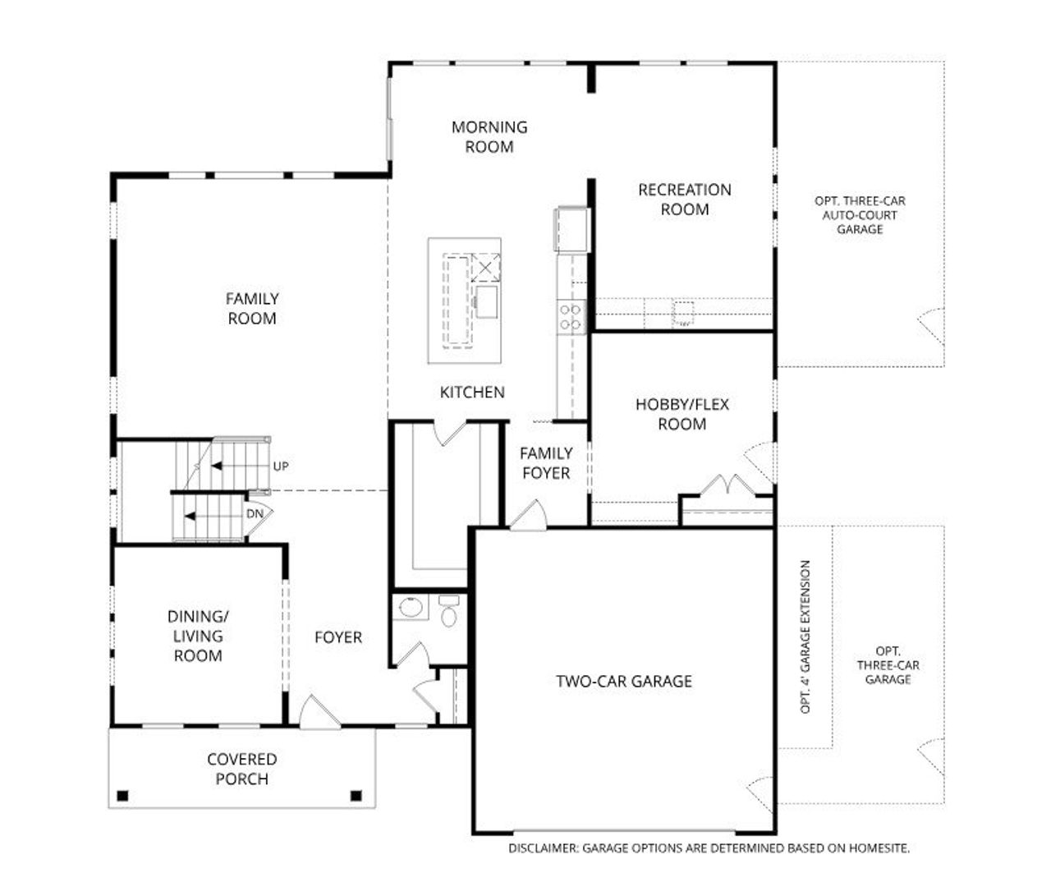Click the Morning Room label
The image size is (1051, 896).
click(489, 137)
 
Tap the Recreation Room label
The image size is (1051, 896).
click(684, 200)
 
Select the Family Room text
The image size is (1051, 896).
click(252, 309)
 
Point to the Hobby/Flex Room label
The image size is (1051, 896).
click(682, 414)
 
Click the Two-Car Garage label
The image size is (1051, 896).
click(624, 681)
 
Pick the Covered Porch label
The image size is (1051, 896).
click(241, 770)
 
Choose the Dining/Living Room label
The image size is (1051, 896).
click(198, 636)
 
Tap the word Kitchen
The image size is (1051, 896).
click(472, 393)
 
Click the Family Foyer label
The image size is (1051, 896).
click(546, 463)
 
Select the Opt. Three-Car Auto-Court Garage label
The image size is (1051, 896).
click(860, 215)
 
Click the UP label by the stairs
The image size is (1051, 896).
click(281, 466)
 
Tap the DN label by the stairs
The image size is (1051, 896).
click(255, 514)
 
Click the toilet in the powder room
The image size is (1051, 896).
click(448, 612)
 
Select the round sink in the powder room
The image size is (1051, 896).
click(410, 609)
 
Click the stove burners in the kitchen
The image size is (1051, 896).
click(571, 317)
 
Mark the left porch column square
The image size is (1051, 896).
click(123, 795)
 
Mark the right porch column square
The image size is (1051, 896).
click(356, 795)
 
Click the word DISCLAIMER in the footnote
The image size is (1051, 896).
click(543, 848)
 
